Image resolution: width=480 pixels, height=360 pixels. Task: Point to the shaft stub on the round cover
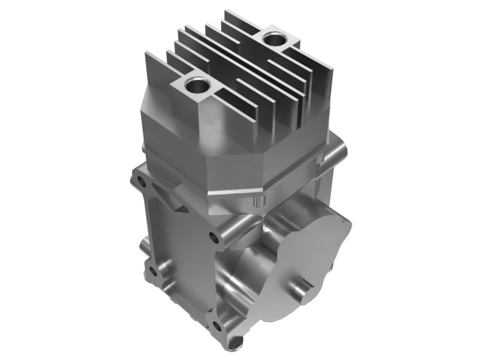pyautogui.click(x=304, y=292)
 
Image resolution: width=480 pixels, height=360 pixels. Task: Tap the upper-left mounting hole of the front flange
pyautogui.click(x=140, y=181)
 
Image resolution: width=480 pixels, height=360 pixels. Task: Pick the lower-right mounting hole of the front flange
pyautogui.click(x=217, y=326)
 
